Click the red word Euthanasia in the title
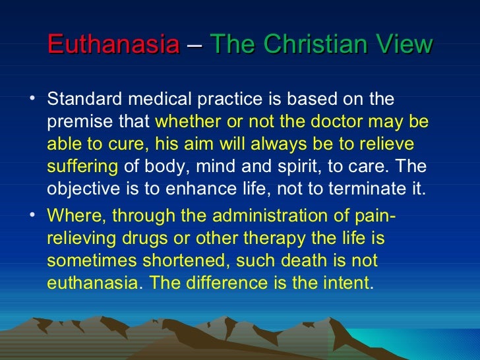click(113, 45)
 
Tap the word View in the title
click(400, 45)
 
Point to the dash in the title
click(195, 45)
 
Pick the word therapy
click(264, 238)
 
